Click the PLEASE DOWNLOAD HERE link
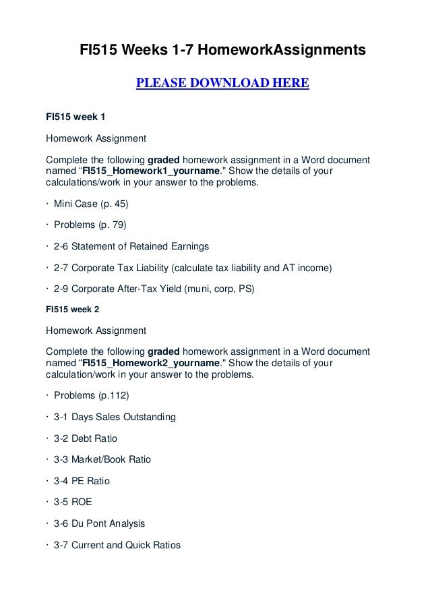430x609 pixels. coord(222,84)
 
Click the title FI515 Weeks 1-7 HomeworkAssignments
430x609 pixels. coord(222,50)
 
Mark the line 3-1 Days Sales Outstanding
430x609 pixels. coord(114,417)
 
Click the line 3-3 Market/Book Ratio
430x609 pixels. coord(102,460)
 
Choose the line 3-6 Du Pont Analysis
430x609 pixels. coord(99,524)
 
